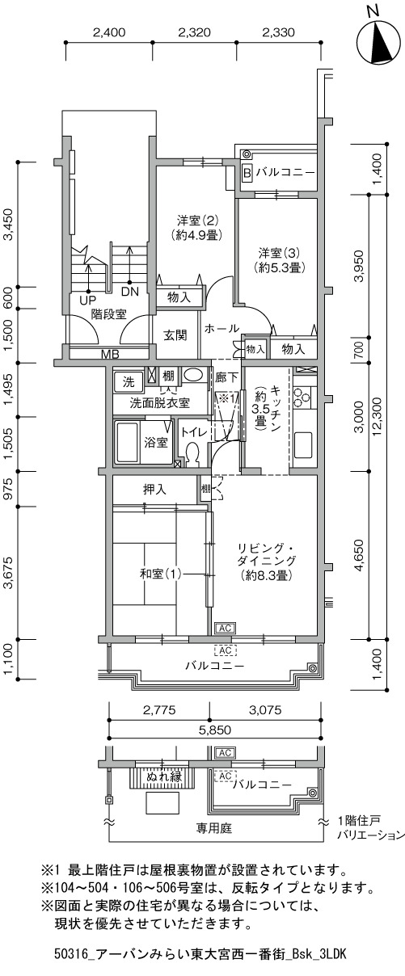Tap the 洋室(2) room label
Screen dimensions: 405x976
pyautogui.click(x=197, y=219)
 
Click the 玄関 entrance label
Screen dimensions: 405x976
pyautogui.click(x=175, y=335)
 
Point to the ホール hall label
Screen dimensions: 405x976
pyautogui.click(x=221, y=328)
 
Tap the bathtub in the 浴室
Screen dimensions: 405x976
pyautogui.click(x=125, y=442)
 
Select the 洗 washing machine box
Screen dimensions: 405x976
pyautogui.click(x=129, y=382)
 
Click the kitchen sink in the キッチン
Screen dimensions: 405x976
pyautogui.click(x=303, y=444)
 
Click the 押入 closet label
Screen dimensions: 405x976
pyautogui.click(x=154, y=490)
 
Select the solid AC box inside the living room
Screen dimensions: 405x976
pyautogui.click(x=225, y=628)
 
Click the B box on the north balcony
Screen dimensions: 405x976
pyautogui.click(x=247, y=173)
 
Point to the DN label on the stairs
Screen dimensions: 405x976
pyautogui.click(x=130, y=292)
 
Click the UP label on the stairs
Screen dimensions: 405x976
pyautogui.click(x=87, y=301)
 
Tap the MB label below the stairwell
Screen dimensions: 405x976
pyautogui.click(x=110, y=354)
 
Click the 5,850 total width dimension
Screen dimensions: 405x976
pyautogui.click(x=215, y=730)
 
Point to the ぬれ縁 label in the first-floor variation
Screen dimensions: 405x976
pyautogui.click(x=163, y=776)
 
